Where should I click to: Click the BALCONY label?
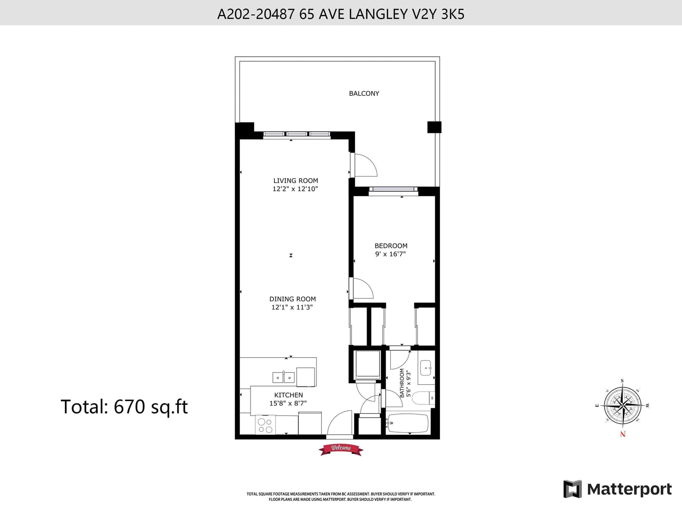click(364, 93)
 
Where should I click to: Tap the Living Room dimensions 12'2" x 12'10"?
click(295, 189)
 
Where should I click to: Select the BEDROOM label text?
click(391, 246)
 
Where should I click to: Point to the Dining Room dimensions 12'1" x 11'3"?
click(292, 307)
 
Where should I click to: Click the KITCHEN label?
click(289, 395)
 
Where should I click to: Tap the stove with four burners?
click(265, 425)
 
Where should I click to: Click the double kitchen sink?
click(283, 377)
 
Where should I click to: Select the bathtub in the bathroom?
click(408, 423)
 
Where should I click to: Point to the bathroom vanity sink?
click(426, 367)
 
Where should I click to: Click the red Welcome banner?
click(341, 448)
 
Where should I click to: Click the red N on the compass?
click(623, 434)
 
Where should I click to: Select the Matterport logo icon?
click(572, 489)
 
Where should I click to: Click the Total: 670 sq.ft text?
click(124, 407)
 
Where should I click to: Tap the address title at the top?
click(341, 14)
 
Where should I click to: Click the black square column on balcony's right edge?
click(434, 127)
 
